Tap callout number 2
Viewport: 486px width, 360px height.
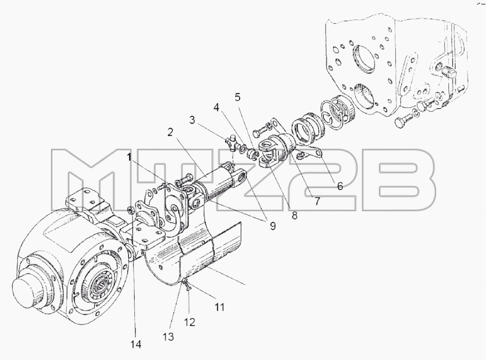tap(170, 132)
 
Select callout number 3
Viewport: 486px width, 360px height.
tap(192, 120)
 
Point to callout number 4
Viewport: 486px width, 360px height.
tap(216, 107)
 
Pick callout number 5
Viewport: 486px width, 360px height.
tap(238, 97)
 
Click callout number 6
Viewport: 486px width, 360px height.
tap(340, 186)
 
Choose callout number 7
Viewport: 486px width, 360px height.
tap(317, 201)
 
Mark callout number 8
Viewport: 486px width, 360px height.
tap(294, 215)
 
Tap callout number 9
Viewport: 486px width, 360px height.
tap(273, 226)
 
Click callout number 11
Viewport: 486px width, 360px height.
tap(219, 307)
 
